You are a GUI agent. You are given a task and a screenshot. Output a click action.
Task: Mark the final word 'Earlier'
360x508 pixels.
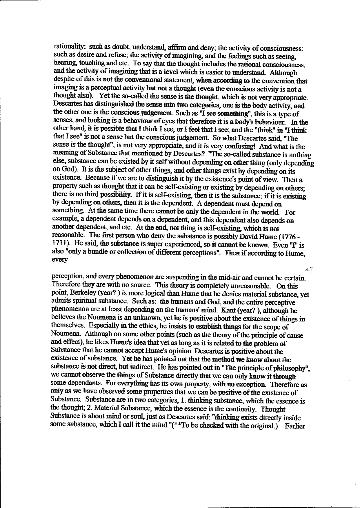[295, 426]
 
